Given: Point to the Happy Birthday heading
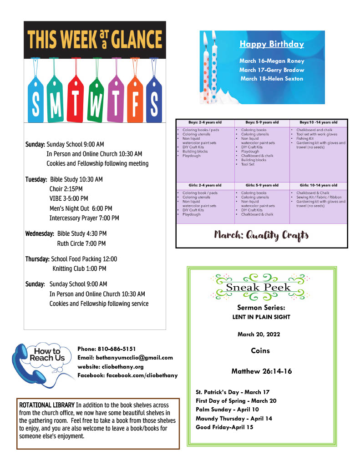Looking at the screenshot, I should click(x=272, y=44).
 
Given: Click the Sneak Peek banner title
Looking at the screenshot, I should click(x=259, y=287).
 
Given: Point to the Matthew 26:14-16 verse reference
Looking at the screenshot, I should click(x=262, y=371).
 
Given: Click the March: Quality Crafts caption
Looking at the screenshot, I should click(x=261, y=235).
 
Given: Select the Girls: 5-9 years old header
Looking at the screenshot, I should click(x=262, y=185).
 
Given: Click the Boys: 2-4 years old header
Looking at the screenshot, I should click(x=205, y=122).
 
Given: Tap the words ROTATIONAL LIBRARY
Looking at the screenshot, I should click(x=46, y=405).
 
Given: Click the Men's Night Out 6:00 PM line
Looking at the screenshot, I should click(x=81, y=208).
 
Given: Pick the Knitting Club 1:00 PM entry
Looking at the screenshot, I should click(x=79, y=268).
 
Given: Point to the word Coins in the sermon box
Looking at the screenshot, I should click(x=260, y=351).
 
